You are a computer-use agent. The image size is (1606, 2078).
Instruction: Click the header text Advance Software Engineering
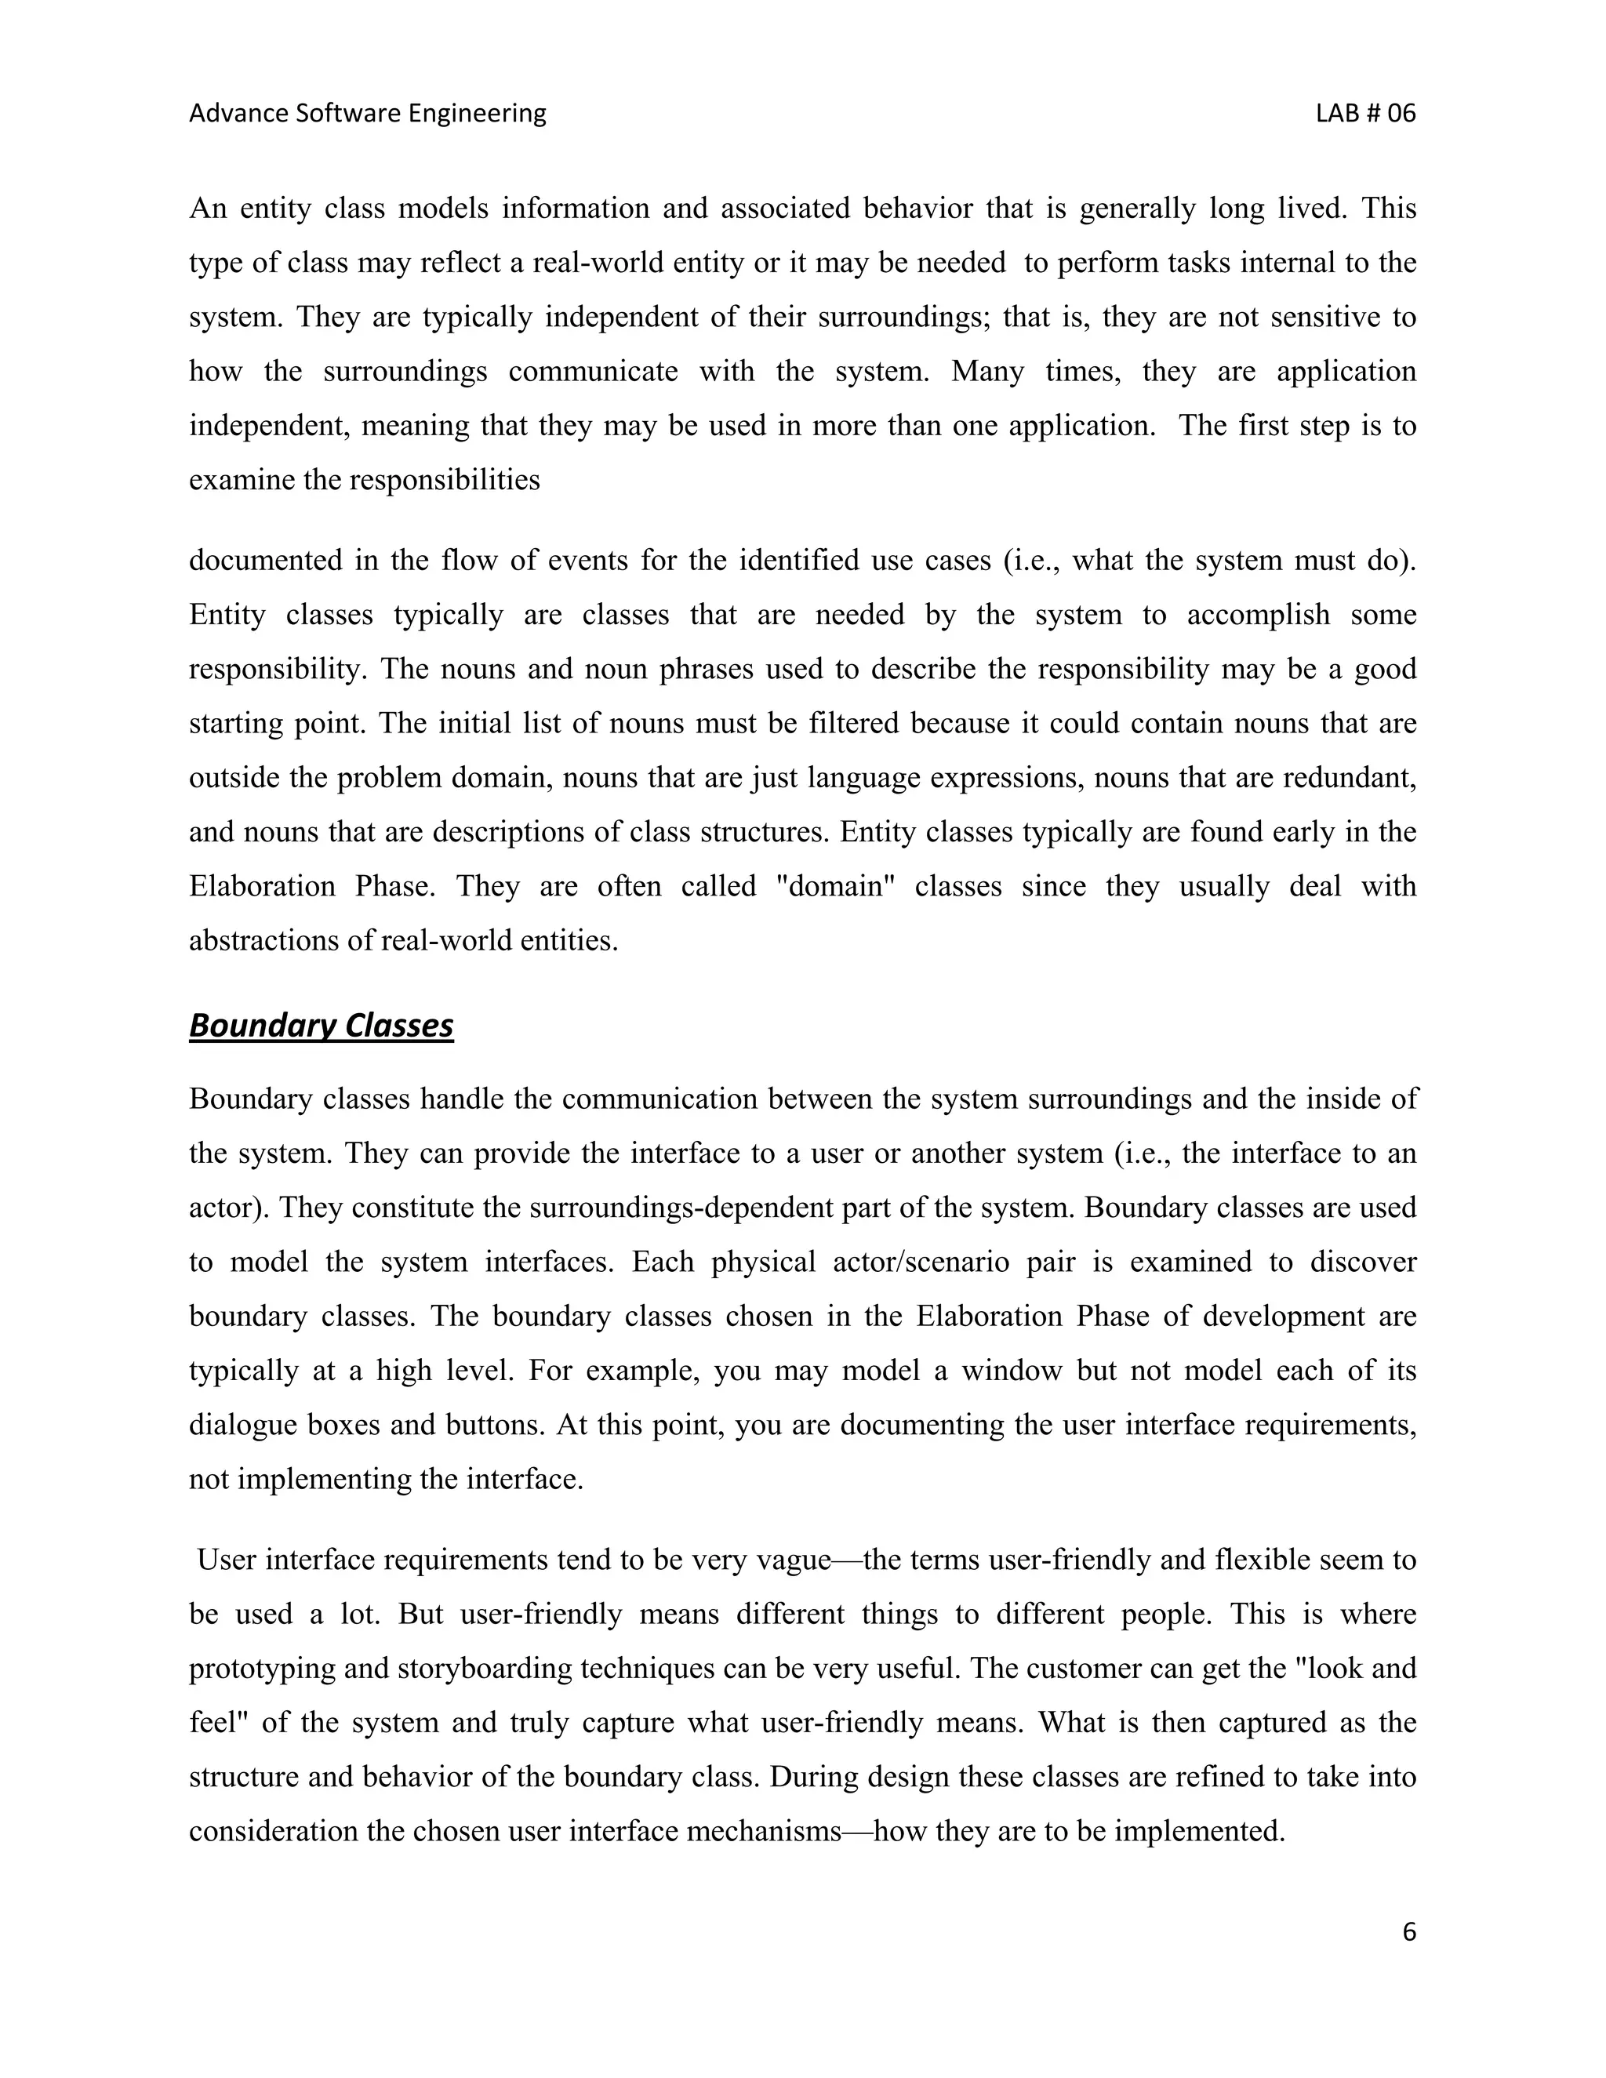pos(367,113)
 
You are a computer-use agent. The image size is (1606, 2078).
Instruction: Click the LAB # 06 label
pos(1365,113)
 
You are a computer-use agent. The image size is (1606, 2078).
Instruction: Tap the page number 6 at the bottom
pos(1409,1931)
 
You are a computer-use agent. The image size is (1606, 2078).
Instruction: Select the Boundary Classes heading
pos(321,1025)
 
